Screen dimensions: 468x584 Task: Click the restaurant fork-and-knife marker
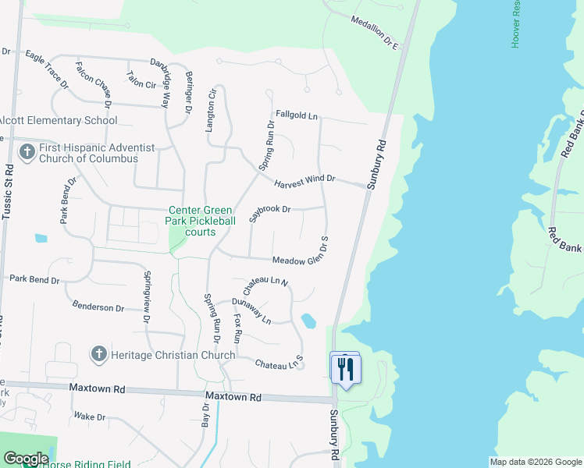[x=345, y=368]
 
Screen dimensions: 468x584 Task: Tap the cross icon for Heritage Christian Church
[x=99, y=355]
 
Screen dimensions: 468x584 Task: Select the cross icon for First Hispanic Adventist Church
[x=27, y=152]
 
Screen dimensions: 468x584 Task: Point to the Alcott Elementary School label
[x=59, y=121]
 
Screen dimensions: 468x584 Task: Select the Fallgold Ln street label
[x=297, y=116]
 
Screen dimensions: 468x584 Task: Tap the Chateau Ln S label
[x=279, y=363]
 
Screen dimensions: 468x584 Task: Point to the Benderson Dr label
[x=98, y=307]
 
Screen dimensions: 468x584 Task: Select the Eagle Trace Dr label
[x=48, y=66]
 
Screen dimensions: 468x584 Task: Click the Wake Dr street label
[x=90, y=417]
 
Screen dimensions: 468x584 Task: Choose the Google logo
[x=26, y=459]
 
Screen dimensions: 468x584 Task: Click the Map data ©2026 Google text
[x=536, y=462]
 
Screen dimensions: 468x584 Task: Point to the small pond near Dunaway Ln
[x=308, y=321]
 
